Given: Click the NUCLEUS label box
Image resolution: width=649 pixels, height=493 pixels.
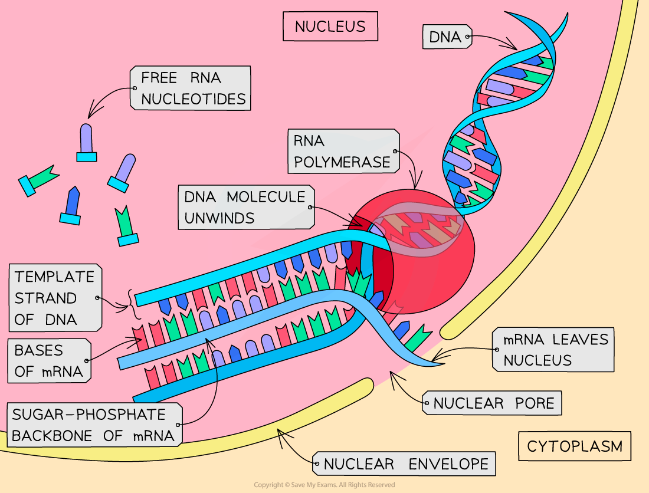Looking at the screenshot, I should [x=330, y=27].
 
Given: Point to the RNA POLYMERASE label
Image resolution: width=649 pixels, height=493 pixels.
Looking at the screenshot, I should [x=343, y=151].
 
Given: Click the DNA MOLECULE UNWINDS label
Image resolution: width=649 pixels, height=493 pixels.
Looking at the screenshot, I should [x=245, y=208].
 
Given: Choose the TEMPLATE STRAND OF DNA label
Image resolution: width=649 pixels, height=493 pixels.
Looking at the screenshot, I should [x=54, y=298].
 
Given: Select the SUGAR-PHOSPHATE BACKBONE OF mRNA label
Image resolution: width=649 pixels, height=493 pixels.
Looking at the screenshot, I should [x=93, y=425].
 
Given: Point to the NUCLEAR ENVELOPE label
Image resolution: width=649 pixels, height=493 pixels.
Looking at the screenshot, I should [x=405, y=464].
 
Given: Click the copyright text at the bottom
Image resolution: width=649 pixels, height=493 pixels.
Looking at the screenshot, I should [x=324, y=485].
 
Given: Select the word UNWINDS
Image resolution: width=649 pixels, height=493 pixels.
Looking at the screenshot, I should [x=219, y=218].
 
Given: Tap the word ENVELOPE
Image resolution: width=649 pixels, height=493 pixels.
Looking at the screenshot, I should [x=448, y=464].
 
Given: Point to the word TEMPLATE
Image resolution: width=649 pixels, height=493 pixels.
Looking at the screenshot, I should [x=54, y=277].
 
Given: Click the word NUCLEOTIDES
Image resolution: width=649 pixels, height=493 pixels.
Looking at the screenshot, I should [x=193, y=98].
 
